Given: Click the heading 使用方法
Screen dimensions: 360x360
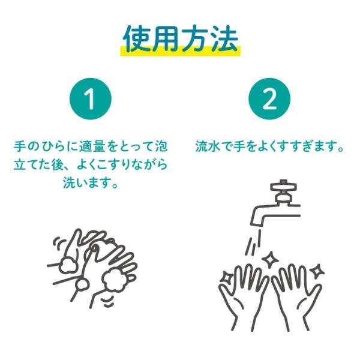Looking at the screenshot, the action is [x=181, y=38].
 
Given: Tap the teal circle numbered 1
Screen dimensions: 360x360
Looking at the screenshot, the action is [x=91, y=99].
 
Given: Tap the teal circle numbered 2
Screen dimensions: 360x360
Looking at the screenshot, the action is [x=269, y=99].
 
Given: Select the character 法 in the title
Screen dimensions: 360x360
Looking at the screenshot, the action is [x=224, y=38].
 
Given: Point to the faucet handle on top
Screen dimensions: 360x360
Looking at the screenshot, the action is [x=284, y=186].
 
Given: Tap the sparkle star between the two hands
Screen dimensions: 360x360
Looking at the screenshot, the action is [x=270, y=260].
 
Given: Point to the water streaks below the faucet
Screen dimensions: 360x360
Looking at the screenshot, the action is [x=254, y=242].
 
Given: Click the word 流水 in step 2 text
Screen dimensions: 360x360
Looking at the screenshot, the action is [x=205, y=146].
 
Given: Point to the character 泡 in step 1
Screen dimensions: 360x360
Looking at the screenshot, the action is [x=161, y=146].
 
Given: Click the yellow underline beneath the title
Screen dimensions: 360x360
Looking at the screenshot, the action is [x=181, y=51].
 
